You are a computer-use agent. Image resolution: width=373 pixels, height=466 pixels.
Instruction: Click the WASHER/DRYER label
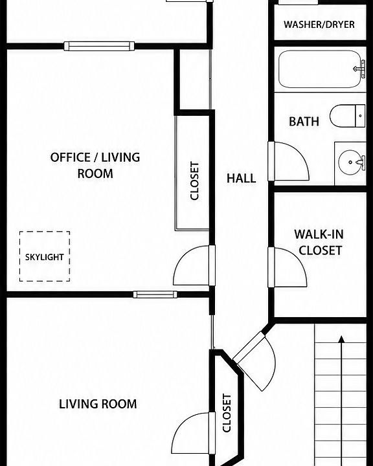(319, 25)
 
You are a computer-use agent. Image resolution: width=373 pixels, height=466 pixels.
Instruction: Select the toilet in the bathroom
(347, 116)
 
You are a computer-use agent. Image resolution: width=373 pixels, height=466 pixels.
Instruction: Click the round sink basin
(351, 162)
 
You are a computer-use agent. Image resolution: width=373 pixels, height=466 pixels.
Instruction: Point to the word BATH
(304, 122)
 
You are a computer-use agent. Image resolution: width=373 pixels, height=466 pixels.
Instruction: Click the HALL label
(242, 179)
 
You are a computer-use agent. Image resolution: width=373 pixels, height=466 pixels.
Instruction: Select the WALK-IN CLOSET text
(319, 242)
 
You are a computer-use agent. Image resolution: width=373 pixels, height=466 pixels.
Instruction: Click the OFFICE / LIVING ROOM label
(95, 165)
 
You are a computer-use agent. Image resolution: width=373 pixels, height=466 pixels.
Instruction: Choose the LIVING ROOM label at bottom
(98, 404)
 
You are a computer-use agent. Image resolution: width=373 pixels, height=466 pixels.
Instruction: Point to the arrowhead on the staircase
(341, 338)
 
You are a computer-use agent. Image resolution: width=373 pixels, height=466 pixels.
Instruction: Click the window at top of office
(99, 46)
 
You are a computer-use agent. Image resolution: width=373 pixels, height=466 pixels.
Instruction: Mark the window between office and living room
(155, 294)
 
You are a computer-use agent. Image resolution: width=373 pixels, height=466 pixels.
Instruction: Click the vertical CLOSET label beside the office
(194, 181)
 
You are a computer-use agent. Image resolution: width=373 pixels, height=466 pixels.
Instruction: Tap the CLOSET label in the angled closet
(227, 413)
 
